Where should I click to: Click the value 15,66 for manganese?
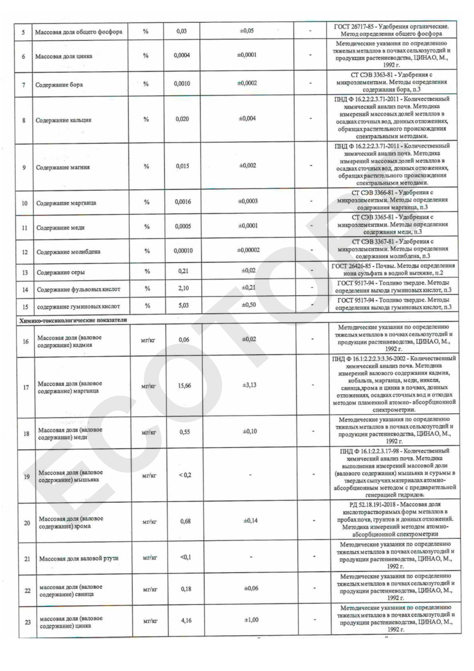click(x=184, y=386)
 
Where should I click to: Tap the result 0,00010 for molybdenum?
click(x=183, y=251)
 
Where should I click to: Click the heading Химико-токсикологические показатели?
click(x=73, y=320)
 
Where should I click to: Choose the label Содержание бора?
click(x=59, y=85)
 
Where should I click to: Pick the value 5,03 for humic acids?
click(x=184, y=305)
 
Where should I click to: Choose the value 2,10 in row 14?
click(x=183, y=288)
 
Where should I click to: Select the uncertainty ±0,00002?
click(x=248, y=250)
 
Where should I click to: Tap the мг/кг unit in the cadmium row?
click(x=148, y=340)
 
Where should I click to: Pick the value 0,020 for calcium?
click(x=182, y=119)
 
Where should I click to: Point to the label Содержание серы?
click(x=61, y=272)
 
